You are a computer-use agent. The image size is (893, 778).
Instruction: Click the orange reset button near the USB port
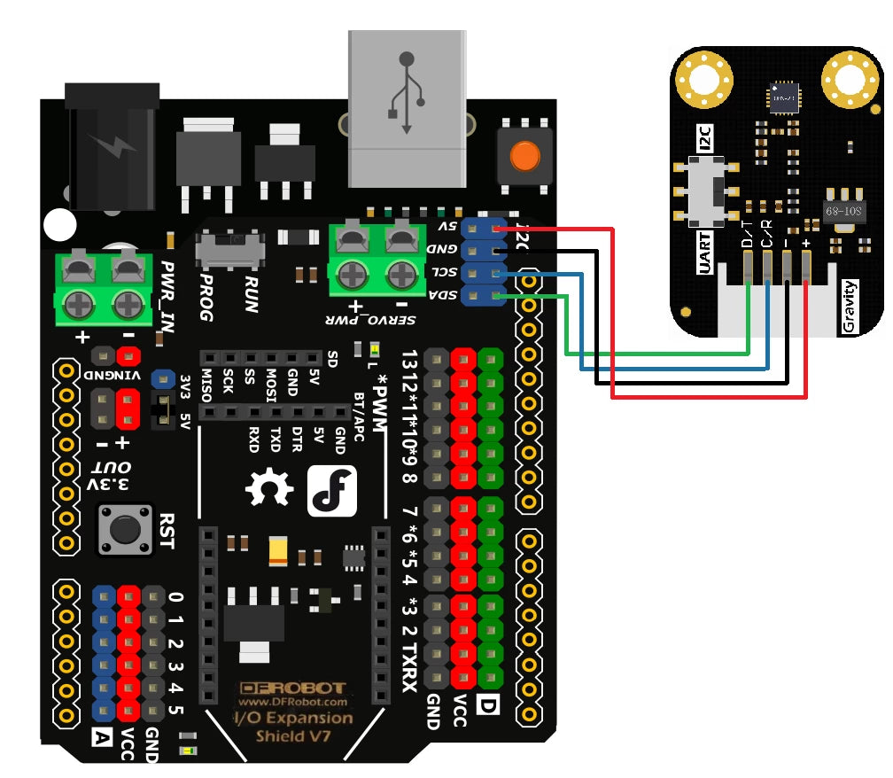click(x=524, y=157)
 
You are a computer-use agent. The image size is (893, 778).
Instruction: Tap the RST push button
click(x=124, y=529)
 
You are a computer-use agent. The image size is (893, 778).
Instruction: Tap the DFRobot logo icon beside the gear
click(x=332, y=490)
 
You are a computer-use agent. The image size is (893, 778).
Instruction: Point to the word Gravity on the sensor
click(x=850, y=307)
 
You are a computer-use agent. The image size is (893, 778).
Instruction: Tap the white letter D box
click(x=486, y=706)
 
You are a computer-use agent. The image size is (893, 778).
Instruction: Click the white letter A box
click(x=103, y=735)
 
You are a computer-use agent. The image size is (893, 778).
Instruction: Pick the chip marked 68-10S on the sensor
click(x=843, y=213)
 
